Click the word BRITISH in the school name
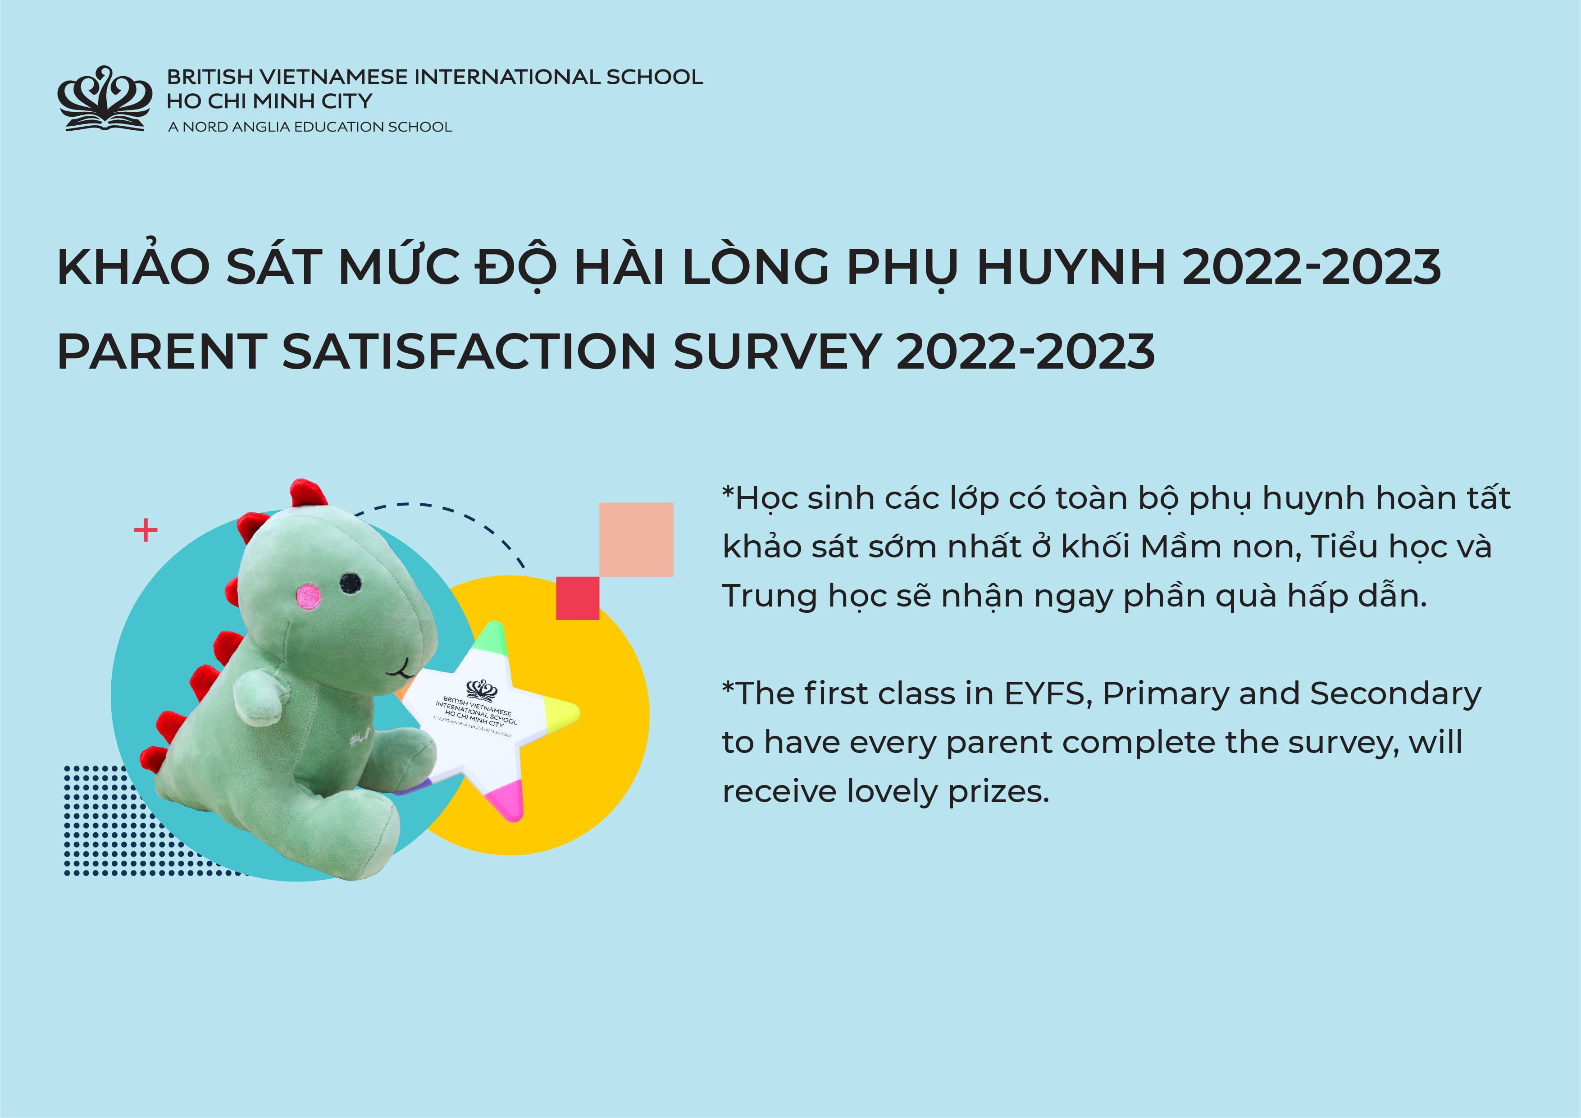[210, 77]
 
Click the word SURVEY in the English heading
[777, 351]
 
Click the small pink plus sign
[145, 530]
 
